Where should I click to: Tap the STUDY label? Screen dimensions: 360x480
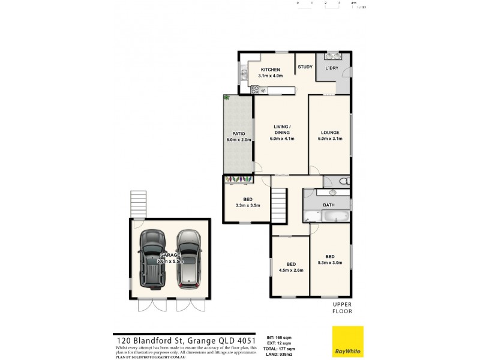[x=305, y=67]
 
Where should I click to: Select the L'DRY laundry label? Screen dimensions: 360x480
[x=331, y=68]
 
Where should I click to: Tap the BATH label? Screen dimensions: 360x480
[x=329, y=205]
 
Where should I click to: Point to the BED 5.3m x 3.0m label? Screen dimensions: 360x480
[x=329, y=260]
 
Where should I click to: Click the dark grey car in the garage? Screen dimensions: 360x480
[x=152, y=259]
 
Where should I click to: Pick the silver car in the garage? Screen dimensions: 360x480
[x=187, y=259]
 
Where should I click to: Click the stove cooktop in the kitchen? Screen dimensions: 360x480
[x=254, y=91]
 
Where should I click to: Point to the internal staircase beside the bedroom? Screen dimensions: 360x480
[x=279, y=204]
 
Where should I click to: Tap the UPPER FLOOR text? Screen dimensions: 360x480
[x=343, y=308]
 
